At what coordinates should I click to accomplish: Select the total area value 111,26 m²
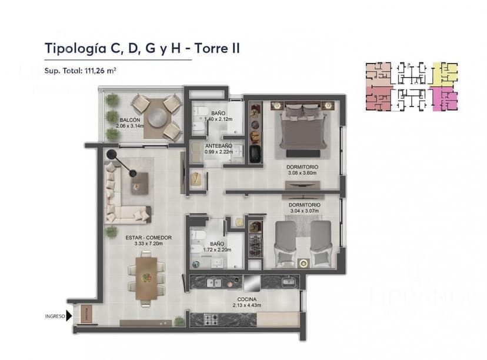101,71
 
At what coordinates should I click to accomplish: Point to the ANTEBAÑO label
218,146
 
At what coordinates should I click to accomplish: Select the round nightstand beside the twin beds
303,263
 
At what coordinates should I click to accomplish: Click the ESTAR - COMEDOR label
148,238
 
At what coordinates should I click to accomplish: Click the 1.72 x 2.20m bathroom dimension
216,249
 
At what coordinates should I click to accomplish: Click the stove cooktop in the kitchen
211,319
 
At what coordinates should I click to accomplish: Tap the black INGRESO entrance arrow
69,316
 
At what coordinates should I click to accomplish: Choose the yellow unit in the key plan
443,73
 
